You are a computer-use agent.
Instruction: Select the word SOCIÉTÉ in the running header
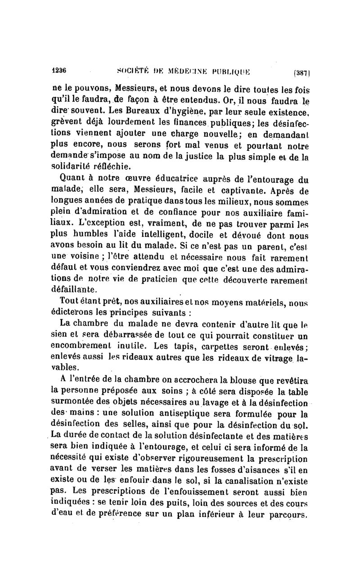tap(130, 71)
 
